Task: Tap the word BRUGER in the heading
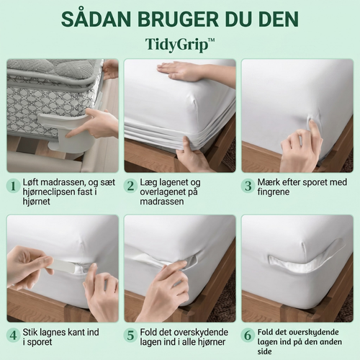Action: (x=178, y=19)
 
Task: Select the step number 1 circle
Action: (x=13, y=186)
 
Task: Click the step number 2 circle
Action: (x=130, y=186)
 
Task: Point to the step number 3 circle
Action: (x=248, y=186)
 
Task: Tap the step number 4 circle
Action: (x=13, y=336)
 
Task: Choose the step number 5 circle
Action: (x=130, y=336)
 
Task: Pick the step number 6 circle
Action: (x=248, y=336)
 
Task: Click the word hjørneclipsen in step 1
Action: (x=50, y=192)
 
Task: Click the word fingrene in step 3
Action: (x=274, y=192)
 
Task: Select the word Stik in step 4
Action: (x=31, y=333)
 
